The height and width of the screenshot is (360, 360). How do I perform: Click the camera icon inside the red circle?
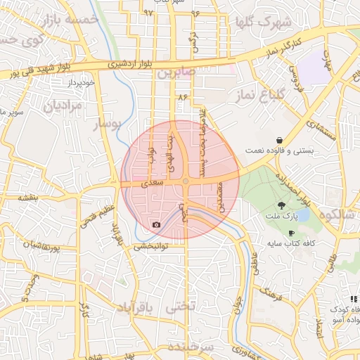point(156,225)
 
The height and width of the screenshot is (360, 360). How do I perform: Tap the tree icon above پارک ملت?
point(282,206)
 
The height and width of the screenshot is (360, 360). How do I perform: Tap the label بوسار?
point(108,124)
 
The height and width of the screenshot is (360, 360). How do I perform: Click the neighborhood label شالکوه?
point(339,214)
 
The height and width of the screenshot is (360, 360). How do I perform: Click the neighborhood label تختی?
point(177,308)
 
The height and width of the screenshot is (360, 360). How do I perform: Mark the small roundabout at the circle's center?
point(186,182)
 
